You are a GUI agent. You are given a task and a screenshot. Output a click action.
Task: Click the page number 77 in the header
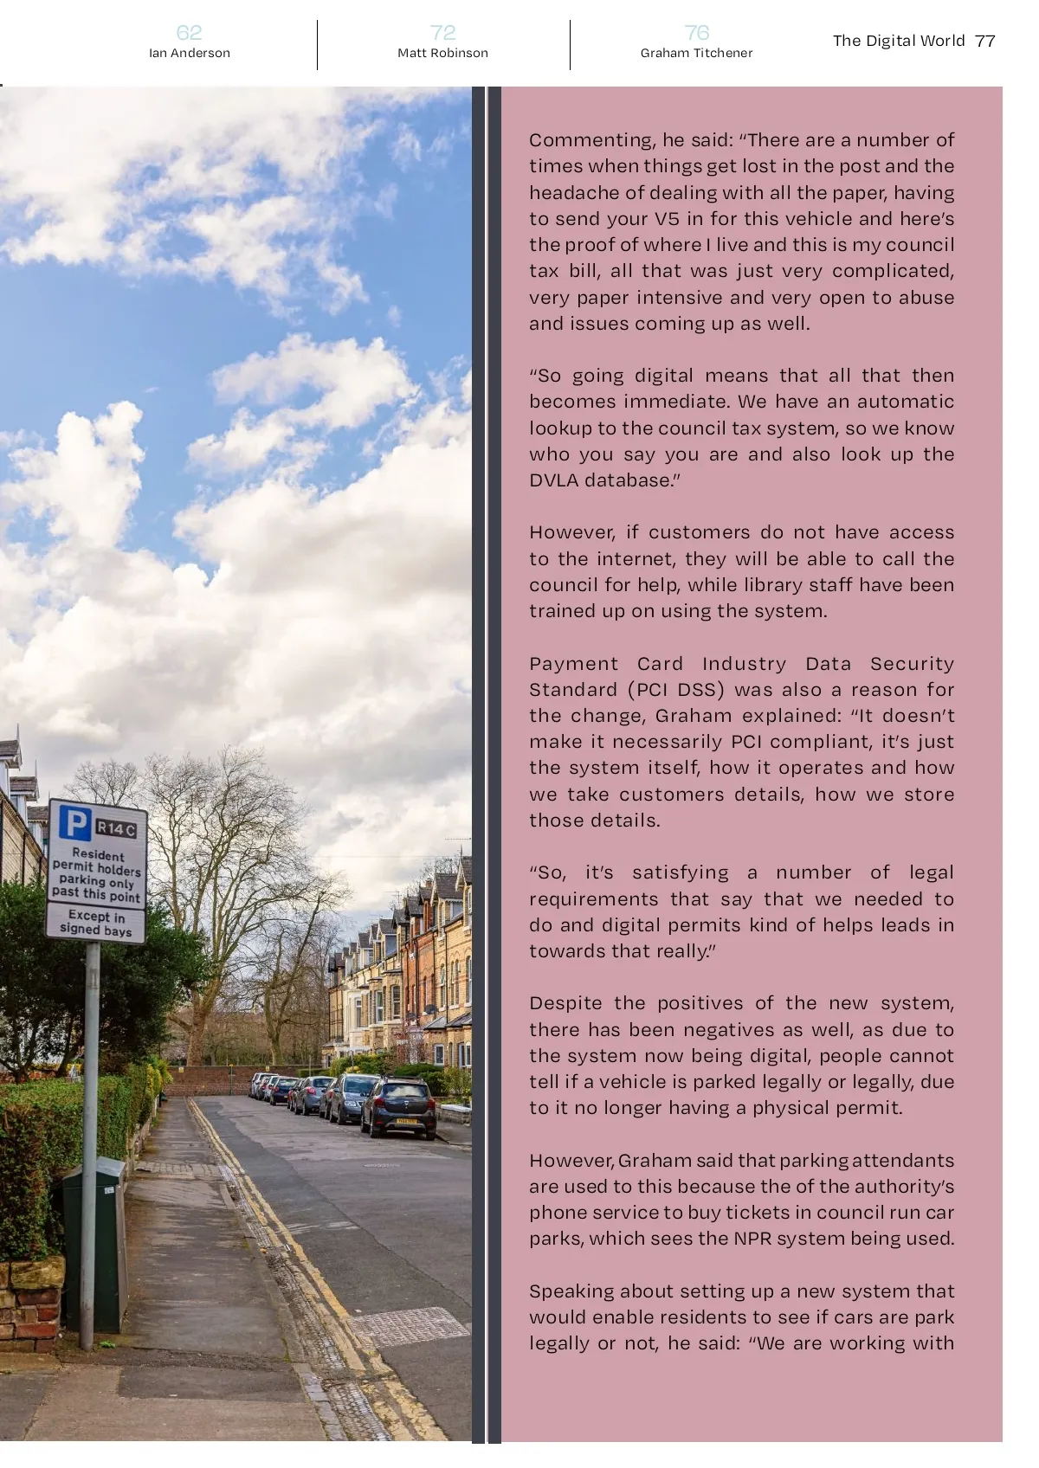click(x=985, y=41)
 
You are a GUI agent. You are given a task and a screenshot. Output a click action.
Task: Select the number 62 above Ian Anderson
click(x=189, y=33)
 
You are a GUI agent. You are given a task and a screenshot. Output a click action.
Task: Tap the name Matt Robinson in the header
click(x=442, y=53)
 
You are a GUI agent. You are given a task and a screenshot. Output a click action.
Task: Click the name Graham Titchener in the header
click(x=696, y=53)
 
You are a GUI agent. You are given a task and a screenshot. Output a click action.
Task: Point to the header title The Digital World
click(x=898, y=41)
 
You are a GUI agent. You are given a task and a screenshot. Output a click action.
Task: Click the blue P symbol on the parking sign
click(x=74, y=823)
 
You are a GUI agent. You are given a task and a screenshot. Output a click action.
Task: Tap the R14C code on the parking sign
click(x=116, y=828)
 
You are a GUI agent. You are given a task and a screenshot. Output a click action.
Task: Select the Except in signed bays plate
click(x=96, y=923)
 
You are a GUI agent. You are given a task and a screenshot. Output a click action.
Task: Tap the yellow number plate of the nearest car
click(x=407, y=1123)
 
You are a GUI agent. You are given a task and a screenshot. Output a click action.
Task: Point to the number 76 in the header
click(x=696, y=33)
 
